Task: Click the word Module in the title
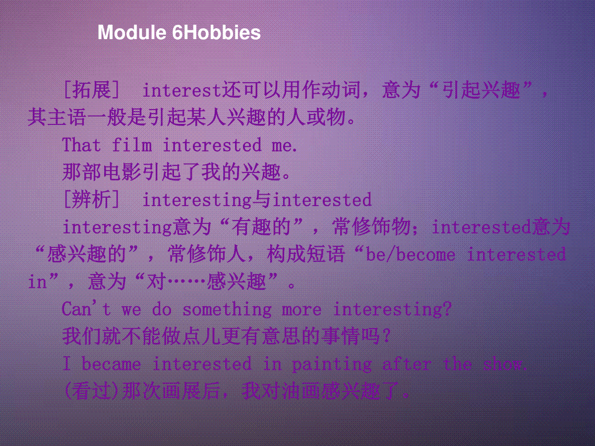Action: click(x=132, y=32)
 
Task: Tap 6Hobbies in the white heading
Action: click(x=216, y=32)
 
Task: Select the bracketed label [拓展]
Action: click(x=91, y=90)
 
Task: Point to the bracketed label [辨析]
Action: click(x=91, y=199)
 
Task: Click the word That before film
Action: click(x=81, y=145)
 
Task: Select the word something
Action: click(x=227, y=309)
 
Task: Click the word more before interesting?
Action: click(x=301, y=310)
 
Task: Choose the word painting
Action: click(x=332, y=365)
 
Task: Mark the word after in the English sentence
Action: click(x=407, y=364)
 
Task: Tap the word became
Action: click(x=111, y=364)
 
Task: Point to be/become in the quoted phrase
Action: click(x=411, y=254)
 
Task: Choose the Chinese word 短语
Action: click(x=325, y=254)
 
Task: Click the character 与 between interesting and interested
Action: click(x=262, y=200)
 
